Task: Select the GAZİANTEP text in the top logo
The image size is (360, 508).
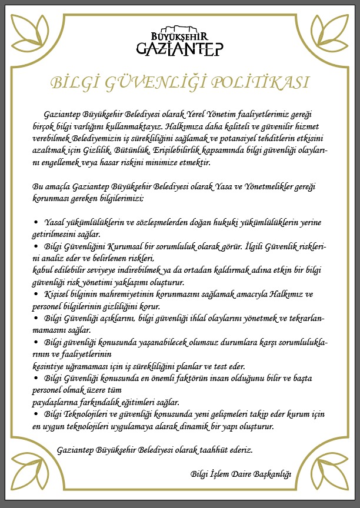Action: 179,48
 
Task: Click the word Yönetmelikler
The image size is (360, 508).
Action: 259,186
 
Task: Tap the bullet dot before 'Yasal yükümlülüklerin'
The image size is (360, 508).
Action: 36,223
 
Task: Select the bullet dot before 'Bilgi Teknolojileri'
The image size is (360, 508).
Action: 36,415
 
